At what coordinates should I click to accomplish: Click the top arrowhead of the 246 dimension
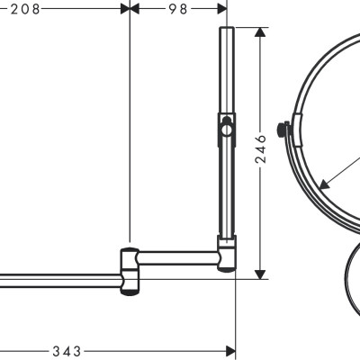click(x=261, y=33)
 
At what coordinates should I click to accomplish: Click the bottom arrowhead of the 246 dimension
click(x=261, y=272)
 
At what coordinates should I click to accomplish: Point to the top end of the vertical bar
click(x=226, y=30)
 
